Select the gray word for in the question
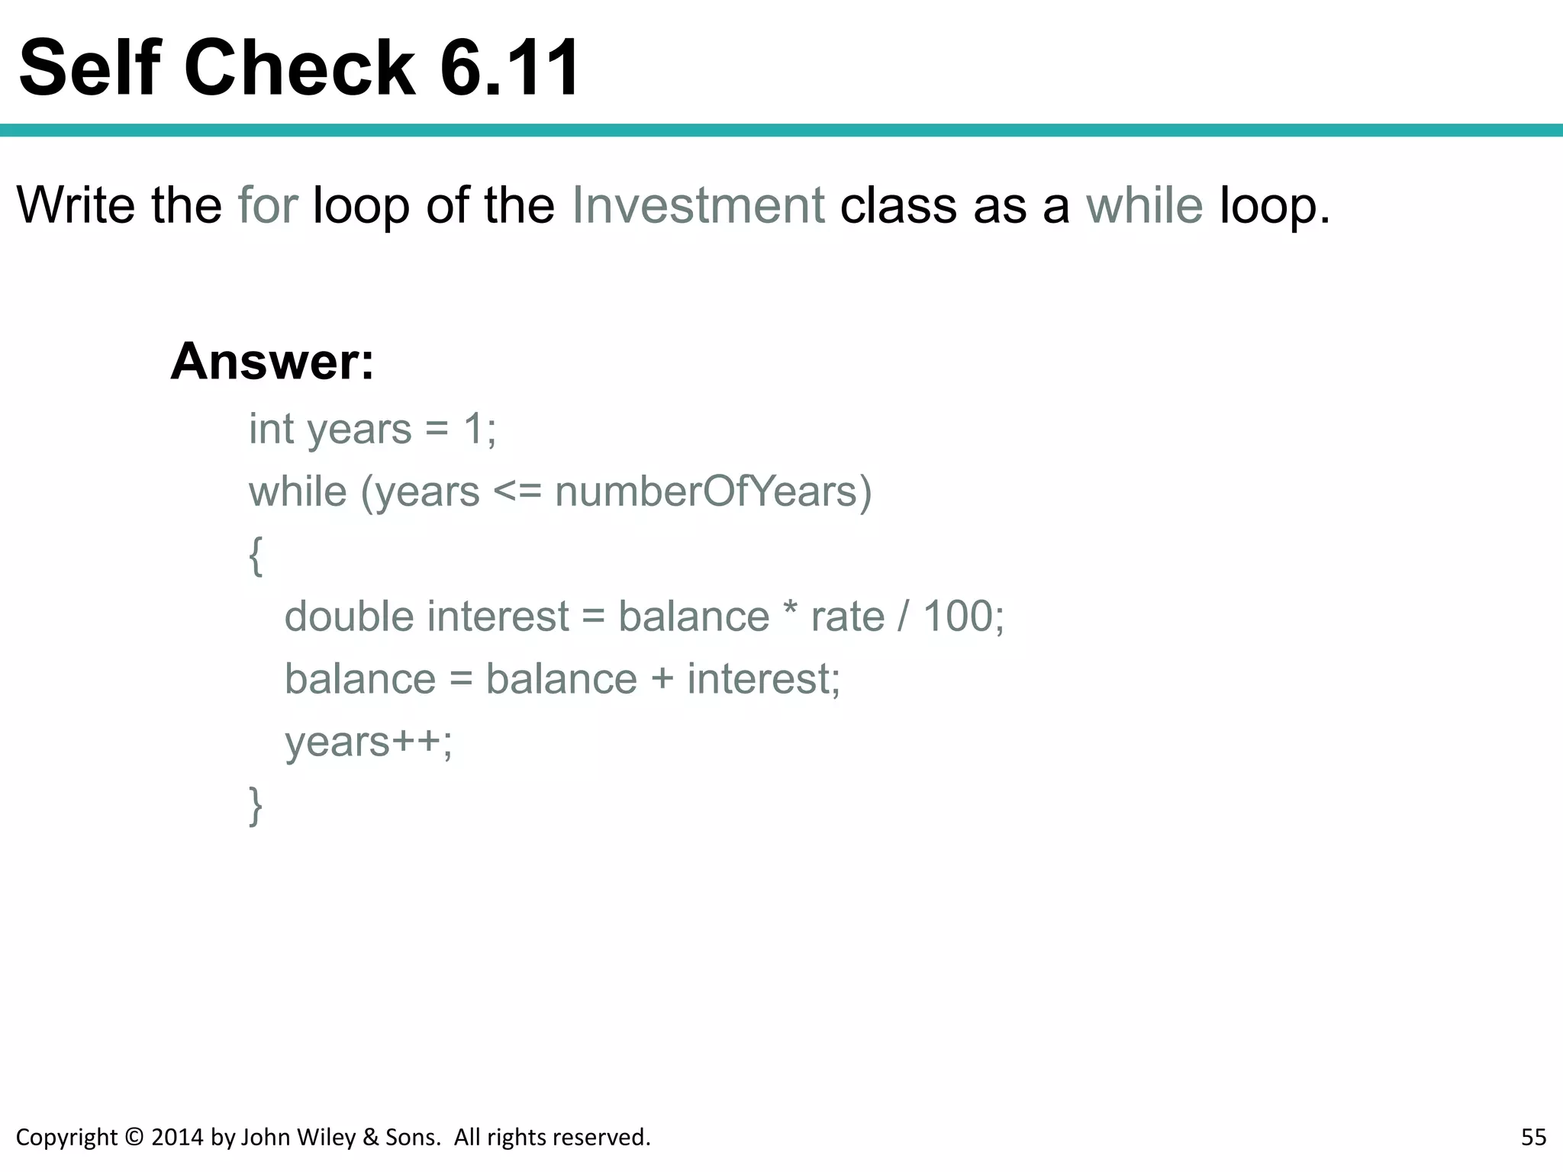coord(268,205)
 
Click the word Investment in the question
coord(698,205)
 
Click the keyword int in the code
coord(271,429)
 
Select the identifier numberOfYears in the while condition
coord(713,491)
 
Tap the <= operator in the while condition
coord(517,492)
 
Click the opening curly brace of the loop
coord(256,555)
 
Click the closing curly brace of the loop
coord(256,806)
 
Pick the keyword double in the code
coord(350,617)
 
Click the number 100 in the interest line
coord(957,617)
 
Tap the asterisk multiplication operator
coord(790,613)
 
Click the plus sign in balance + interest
coord(662,680)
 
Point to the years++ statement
coord(368,742)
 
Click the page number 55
coord(1533,1137)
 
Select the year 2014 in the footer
coord(178,1137)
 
